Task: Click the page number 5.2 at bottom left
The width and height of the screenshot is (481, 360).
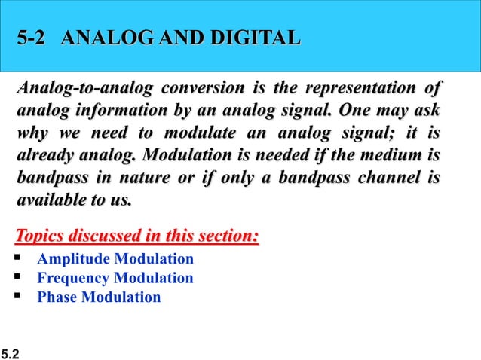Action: click(11, 352)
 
